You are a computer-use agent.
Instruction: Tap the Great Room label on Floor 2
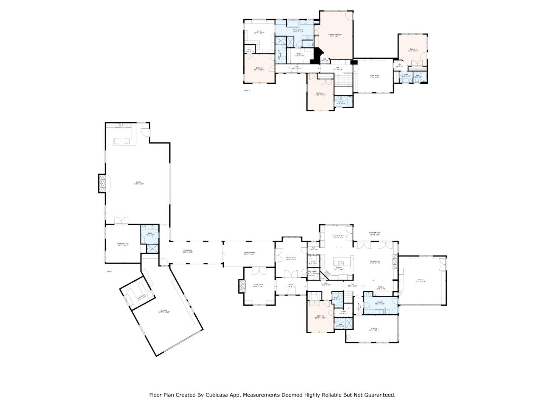pos(375,76)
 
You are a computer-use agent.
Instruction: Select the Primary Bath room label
pos(298,30)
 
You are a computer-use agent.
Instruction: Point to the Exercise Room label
pos(123,244)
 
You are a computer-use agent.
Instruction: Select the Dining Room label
pos(291,258)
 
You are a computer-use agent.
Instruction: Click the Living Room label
pos(258,285)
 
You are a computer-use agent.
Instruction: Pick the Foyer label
pos(291,285)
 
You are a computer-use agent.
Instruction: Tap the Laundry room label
pos(380,303)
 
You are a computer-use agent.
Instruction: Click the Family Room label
pos(375,262)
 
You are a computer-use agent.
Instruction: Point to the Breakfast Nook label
pos(338,236)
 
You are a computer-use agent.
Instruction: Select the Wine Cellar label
pos(312,272)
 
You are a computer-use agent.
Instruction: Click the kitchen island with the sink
pos(343,262)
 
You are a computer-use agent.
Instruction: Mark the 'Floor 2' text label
pos(247,91)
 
